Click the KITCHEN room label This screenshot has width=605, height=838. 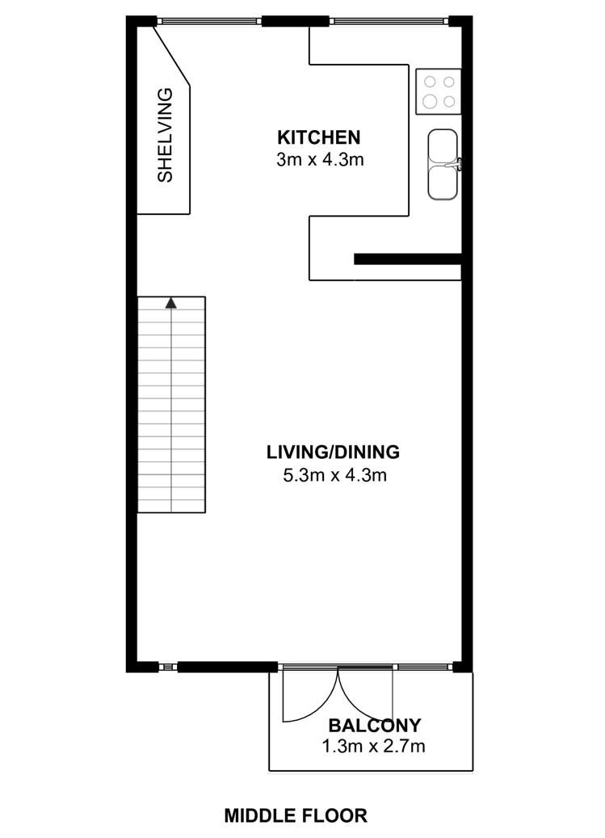point(318,137)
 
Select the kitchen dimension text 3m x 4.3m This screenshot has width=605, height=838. point(320,159)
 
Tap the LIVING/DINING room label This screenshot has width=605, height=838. point(334,452)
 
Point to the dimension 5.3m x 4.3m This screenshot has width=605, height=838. point(334,475)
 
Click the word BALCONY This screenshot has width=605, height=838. point(374,725)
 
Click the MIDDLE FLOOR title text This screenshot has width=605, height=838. point(296,815)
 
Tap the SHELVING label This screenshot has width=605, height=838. point(165,135)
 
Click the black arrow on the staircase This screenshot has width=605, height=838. point(170,303)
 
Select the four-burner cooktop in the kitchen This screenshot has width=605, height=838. point(438,91)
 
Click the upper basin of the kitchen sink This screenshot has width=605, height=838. point(442,147)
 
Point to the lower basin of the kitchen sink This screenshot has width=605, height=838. point(442,182)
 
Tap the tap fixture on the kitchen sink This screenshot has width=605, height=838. point(458,164)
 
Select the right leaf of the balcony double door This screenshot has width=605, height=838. point(365,693)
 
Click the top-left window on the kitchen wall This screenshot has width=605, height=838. point(208,21)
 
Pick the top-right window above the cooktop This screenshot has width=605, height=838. point(389,21)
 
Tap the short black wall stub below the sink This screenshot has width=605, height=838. point(407,259)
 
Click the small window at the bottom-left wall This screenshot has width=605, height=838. point(167,667)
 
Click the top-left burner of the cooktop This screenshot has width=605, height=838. point(430,82)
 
